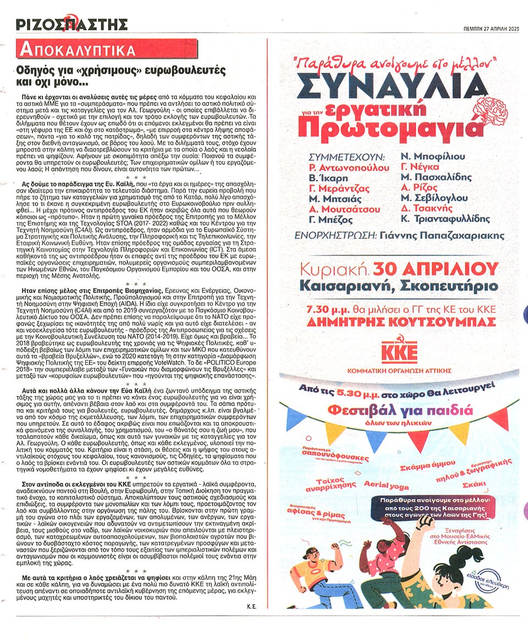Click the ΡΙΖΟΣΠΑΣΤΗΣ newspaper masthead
[72, 24]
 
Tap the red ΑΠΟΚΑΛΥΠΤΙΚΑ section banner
[76, 50]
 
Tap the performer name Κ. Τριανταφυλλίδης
[445, 218]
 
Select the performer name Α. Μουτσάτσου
[345, 208]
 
